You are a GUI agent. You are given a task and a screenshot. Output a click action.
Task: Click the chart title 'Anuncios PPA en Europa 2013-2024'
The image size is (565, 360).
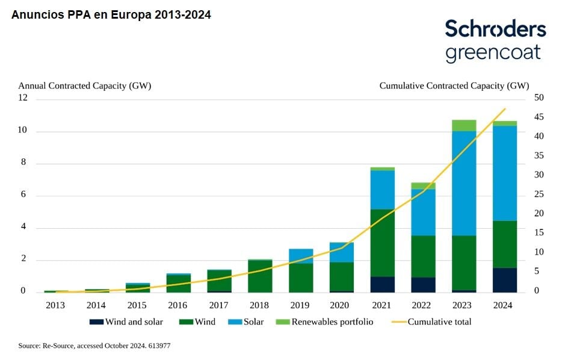click(111, 15)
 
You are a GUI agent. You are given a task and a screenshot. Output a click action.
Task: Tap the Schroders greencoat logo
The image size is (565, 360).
click(495, 40)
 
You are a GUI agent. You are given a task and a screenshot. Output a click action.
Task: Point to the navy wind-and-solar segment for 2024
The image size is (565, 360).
click(505, 280)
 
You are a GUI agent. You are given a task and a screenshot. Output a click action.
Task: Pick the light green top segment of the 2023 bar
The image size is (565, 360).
click(464, 125)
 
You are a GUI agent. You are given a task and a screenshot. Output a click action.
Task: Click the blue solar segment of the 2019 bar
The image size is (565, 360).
click(301, 256)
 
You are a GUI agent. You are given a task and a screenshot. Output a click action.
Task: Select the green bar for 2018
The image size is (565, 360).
click(260, 276)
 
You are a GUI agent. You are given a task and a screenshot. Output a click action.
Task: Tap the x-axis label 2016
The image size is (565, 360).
click(178, 305)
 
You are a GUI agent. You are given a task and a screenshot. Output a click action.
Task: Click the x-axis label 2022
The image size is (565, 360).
click(423, 305)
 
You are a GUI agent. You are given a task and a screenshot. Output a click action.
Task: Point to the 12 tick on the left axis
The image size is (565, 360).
click(23, 98)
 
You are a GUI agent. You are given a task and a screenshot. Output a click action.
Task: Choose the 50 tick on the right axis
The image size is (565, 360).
click(539, 98)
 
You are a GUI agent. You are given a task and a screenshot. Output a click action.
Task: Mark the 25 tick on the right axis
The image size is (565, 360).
click(539, 194)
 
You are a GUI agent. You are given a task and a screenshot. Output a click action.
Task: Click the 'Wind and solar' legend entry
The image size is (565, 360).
click(127, 322)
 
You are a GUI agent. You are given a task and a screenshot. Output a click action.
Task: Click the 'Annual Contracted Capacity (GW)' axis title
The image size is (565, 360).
click(85, 85)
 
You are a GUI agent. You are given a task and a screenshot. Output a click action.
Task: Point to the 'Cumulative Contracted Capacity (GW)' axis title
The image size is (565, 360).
click(454, 85)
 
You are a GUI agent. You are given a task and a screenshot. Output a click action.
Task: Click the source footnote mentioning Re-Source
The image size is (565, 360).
click(95, 346)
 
